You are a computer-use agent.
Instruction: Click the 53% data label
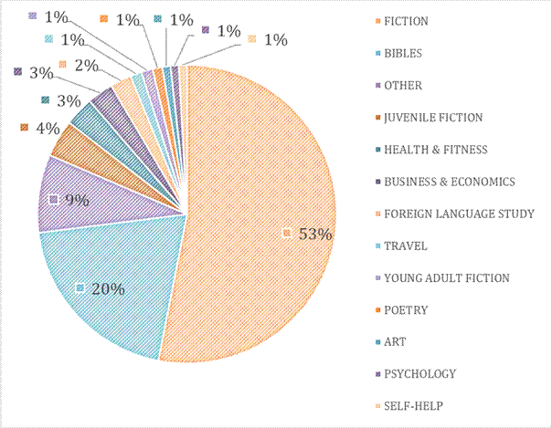pos(313,235)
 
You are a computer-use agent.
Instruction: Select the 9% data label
pos(75,199)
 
